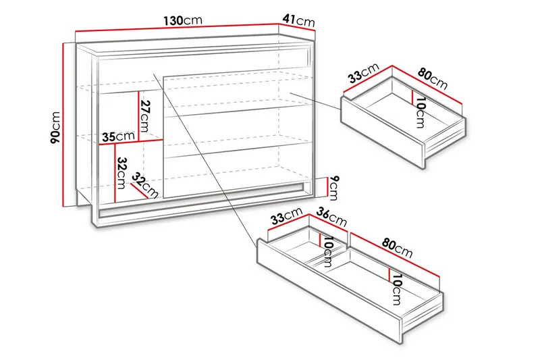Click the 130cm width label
[x=182, y=21]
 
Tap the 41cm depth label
[x=298, y=21]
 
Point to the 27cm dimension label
[x=144, y=117]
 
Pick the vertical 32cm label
[x=122, y=173]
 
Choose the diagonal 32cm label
[x=144, y=184]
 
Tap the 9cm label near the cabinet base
[x=332, y=185]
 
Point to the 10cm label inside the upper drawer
[x=420, y=113]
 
